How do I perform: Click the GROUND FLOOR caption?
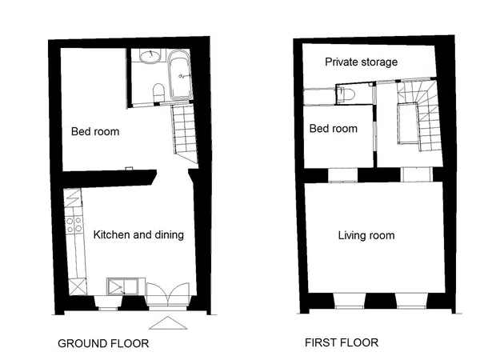(103, 343)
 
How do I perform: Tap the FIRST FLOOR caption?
(342, 342)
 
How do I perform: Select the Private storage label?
(362, 62)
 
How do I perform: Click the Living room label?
(366, 235)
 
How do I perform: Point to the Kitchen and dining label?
(138, 234)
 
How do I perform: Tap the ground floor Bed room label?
(95, 132)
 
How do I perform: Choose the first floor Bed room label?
(334, 129)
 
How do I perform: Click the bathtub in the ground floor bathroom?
(181, 74)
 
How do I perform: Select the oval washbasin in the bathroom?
(150, 56)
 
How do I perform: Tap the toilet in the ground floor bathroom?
(158, 92)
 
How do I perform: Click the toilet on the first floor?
(347, 94)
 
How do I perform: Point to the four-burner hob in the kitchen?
(74, 225)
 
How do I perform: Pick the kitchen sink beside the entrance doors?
(122, 287)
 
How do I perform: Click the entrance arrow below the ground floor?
(168, 323)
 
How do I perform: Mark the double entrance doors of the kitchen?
(167, 294)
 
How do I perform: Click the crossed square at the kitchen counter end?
(78, 287)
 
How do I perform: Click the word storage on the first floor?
(379, 62)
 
